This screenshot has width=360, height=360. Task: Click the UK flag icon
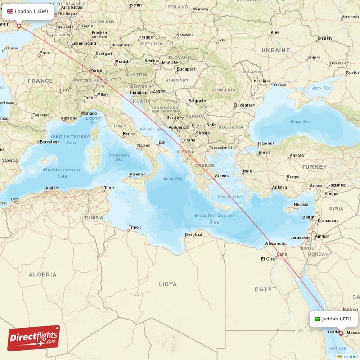10,11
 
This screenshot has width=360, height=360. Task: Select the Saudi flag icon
317,319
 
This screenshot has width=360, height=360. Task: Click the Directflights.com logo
34,338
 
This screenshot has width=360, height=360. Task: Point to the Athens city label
221,175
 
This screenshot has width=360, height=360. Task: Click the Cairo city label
282,254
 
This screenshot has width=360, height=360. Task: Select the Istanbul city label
265,144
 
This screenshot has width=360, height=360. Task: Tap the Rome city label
129,133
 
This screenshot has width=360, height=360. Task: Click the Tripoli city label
135,227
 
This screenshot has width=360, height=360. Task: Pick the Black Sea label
300,121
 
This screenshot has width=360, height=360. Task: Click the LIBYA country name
168,284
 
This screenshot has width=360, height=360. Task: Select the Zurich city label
96,70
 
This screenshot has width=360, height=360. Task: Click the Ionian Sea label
172,179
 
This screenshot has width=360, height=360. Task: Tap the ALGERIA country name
43,274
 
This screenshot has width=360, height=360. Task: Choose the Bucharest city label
244,105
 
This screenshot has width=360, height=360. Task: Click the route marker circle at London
19,26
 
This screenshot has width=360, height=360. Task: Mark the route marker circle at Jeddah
341,333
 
